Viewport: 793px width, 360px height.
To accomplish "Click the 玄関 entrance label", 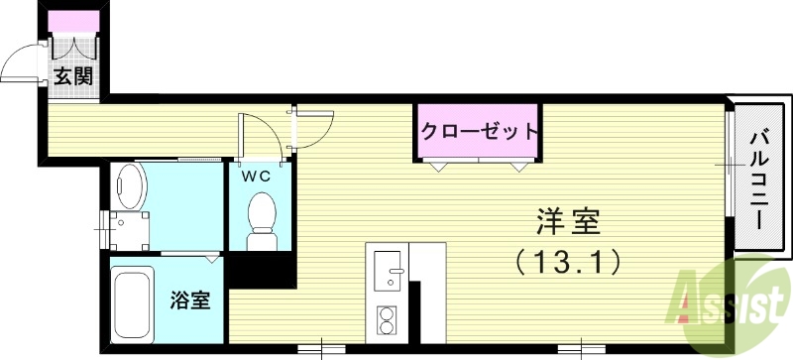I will click(x=73, y=76).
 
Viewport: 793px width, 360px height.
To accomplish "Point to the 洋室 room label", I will click(x=568, y=221).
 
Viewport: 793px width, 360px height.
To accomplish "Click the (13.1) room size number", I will click(x=568, y=262).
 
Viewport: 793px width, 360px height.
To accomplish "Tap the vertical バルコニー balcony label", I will click(x=760, y=180).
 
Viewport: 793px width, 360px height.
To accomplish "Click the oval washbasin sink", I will click(x=130, y=186).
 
